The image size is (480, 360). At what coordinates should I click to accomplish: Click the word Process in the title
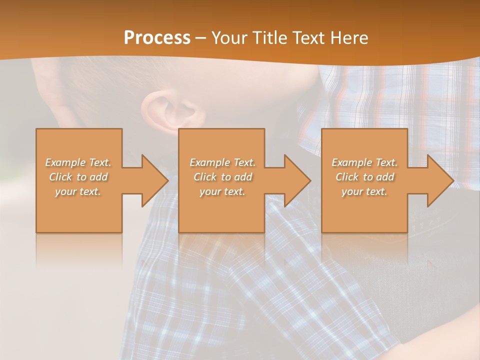(157, 38)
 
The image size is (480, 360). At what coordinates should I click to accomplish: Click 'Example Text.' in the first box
(78, 162)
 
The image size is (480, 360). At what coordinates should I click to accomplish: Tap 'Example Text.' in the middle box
(222, 162)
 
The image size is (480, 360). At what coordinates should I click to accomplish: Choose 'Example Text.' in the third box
(364, 162)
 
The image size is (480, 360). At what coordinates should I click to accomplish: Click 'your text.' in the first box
(78, 191)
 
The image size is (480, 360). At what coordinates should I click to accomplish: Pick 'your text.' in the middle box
(222, 191)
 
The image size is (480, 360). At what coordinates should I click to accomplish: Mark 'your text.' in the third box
(364, 191)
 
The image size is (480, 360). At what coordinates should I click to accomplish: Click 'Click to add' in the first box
(78, 177)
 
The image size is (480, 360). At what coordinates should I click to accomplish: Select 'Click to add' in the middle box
(222, 177)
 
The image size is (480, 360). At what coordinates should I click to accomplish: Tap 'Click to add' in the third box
(364, 177)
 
